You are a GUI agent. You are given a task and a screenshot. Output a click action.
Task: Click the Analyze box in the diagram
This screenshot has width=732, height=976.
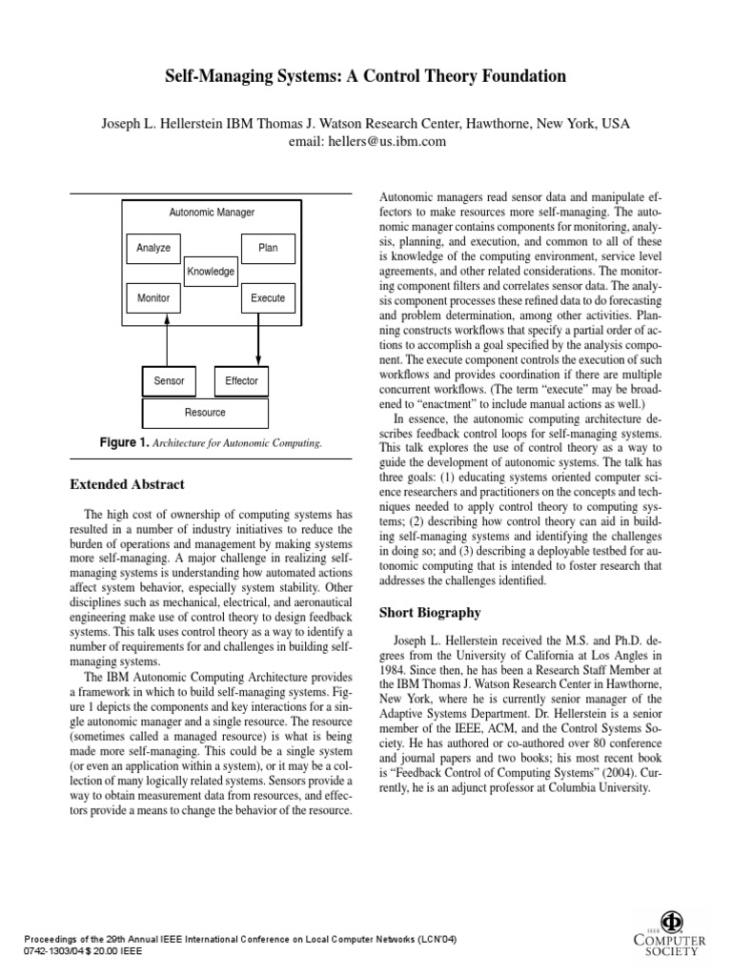tap(153, 248)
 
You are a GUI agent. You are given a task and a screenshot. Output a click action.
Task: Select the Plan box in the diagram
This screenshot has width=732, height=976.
tap(268, 248)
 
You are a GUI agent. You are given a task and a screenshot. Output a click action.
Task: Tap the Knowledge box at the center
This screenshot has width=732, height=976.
tap(211, 272)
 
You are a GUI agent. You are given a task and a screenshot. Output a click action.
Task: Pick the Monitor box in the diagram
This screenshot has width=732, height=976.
tap(153, 297)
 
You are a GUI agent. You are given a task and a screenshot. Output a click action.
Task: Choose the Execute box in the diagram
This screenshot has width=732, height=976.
tap(268, 297)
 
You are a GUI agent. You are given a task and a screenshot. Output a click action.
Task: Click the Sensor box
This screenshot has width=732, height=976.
tap(169, 381)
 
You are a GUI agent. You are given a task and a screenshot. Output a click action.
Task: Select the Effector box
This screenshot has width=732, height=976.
tap(241, 381)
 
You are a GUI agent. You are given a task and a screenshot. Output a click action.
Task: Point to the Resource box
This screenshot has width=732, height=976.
tap(205, 413)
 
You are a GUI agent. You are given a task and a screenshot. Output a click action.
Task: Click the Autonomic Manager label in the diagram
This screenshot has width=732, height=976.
tap(212, 213)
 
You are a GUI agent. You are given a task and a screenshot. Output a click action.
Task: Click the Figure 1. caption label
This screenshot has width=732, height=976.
tap(125, 443)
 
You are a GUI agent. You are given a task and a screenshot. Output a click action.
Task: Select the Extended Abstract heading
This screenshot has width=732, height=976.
tap(128, 484)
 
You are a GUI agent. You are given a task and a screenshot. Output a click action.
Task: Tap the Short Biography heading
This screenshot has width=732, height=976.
tap(431, 612)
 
